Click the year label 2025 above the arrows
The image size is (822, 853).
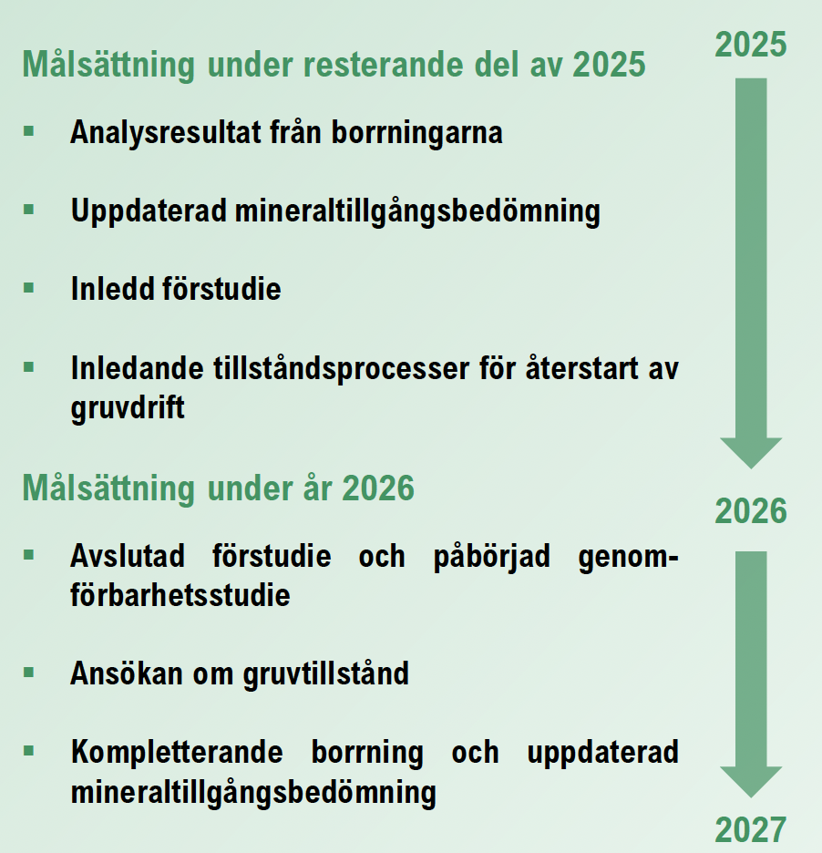point(751,45)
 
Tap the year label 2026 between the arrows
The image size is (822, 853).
point(751,511)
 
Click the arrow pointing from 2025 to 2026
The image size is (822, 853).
point(751,273)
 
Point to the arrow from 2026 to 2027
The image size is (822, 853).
point(751,674)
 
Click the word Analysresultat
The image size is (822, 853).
point(166,133)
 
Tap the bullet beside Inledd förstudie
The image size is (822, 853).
point(29,288)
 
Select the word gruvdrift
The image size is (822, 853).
point(128,408)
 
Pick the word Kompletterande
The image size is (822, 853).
point(177,753)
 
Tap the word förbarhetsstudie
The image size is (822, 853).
point(180,595)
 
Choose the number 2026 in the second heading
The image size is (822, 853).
point(378,488)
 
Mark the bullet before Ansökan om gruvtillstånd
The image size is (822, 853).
point(29,673)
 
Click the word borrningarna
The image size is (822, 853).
point(416,133)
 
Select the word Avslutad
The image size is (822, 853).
point(128,557)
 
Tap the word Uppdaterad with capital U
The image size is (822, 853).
point(149,211)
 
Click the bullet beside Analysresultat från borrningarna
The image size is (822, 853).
point(29,131)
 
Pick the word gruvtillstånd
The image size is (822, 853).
point(326,674)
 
